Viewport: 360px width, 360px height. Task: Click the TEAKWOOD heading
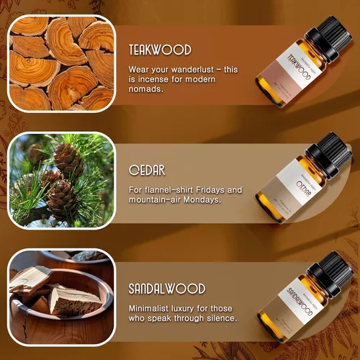tap(159, 50)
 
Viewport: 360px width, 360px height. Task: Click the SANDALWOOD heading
tap(167, 289)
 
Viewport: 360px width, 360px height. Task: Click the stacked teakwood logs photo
tap(60, 63)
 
